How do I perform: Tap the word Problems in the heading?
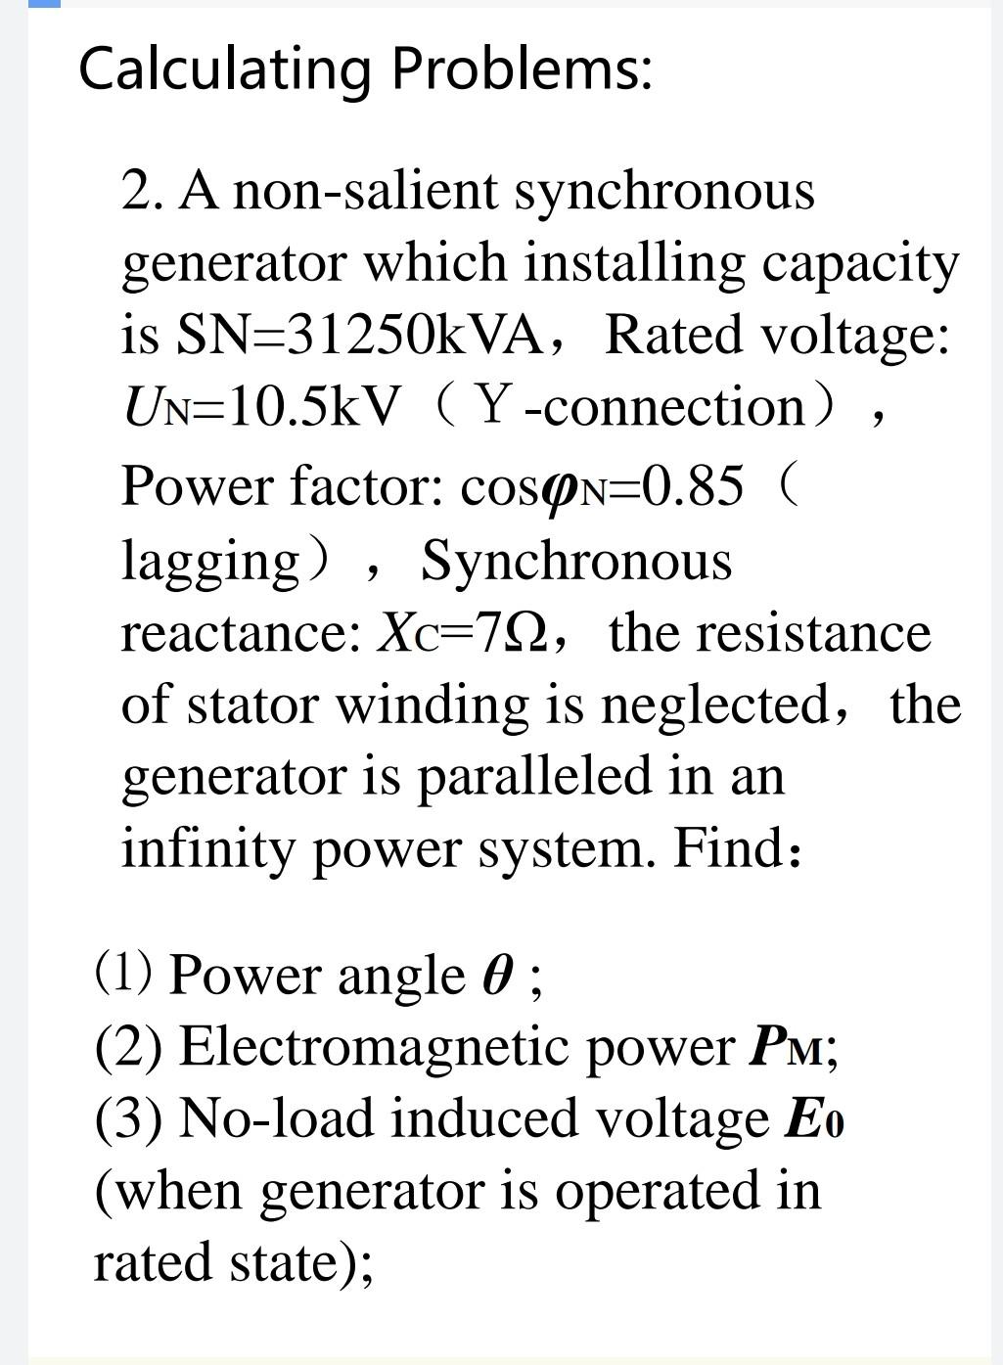[x=521, y=68]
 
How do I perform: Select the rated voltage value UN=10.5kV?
[x=260, y=407]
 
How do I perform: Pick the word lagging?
[x=210, y=562]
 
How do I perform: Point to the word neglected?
[x=714, y=705]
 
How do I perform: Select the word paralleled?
[x=535, y=778]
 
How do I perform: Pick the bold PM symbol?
[x=787, y=1047]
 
